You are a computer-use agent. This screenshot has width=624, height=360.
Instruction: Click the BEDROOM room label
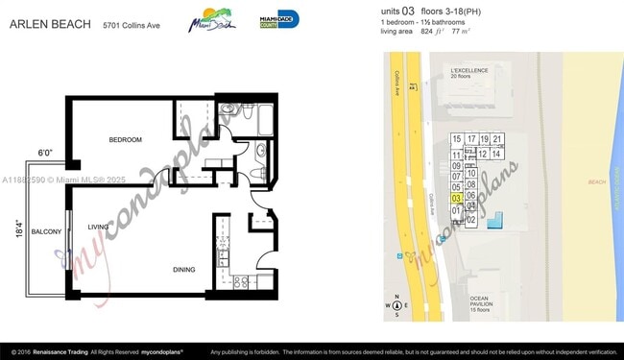(x=125, y=140)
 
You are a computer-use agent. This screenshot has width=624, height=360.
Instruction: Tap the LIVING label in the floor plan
(x=98, y=227)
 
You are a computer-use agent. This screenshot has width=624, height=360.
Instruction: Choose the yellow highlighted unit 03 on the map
(x=457, y=198)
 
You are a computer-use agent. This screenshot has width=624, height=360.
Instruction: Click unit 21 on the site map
(x=497, y=139)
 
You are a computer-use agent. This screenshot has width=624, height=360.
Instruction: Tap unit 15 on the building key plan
(x=457, y=139)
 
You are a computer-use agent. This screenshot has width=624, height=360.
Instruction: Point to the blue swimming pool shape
(x=494, y=222)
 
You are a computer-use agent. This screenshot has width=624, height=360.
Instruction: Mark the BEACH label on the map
(x=596, y=181)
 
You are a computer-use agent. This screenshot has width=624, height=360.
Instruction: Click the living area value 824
(x=431, y=31)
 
